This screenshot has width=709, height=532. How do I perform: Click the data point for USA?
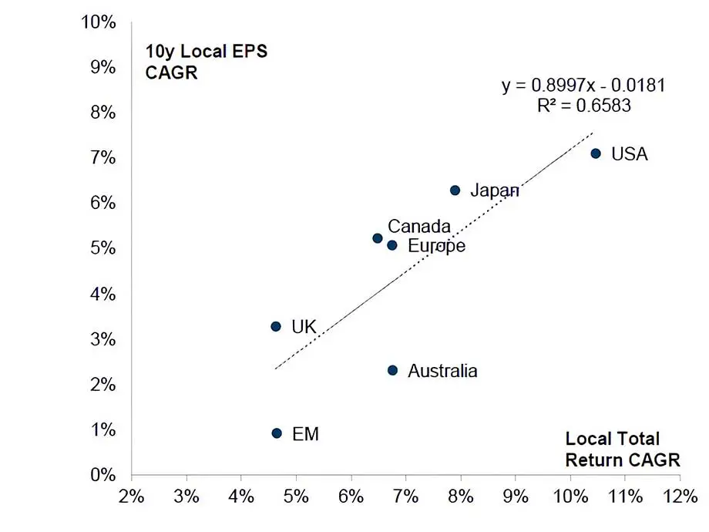[595, 153]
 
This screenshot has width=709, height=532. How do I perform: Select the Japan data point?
[455, 190]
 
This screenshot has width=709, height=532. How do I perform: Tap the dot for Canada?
[377, 238]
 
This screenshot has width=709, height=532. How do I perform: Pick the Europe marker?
[391, 245]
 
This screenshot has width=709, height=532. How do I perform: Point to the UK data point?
[276, 326]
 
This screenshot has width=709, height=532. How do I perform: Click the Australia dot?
[392, 370]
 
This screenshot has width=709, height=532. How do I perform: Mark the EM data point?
[277, 433]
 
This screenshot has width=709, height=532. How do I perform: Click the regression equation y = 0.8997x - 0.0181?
[583, 86]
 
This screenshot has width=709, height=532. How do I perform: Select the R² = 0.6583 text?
[583, 106]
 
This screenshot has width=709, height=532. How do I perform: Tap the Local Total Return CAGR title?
[623, 449]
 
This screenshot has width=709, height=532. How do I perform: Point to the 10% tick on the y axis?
[99, 22]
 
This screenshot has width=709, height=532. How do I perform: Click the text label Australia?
[442, 371]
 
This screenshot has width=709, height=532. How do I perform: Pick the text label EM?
[305, 434]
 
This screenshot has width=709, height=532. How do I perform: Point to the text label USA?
[629, 154]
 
